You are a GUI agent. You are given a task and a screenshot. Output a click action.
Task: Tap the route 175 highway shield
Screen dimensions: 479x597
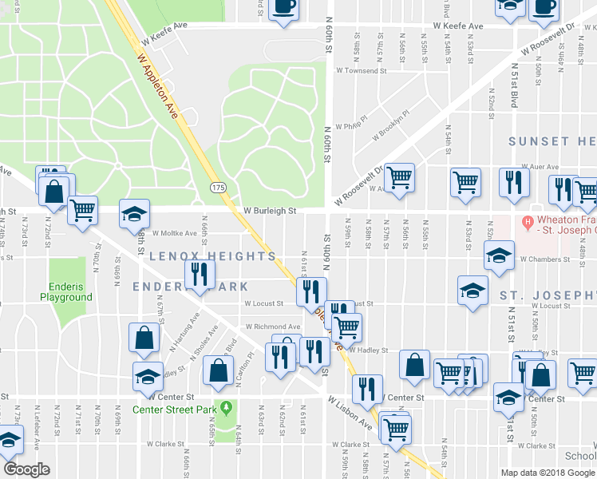click(217, 187)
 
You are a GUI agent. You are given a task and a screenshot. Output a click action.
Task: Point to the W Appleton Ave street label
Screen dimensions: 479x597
click(157, 87)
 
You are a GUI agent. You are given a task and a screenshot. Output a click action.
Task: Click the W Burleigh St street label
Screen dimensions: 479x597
click(270, 212)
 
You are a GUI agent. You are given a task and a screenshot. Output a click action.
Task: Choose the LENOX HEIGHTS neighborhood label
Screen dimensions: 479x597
click(212, 257)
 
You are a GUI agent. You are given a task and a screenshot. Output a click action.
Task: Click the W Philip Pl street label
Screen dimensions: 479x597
click(351, 126)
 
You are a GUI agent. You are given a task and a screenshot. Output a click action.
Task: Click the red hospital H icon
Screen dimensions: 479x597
click(527, 221)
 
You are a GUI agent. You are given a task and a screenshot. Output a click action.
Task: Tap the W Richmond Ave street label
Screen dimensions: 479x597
click(273, 327)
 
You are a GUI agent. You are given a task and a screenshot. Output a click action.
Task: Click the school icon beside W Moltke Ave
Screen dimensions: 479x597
click(135, 214)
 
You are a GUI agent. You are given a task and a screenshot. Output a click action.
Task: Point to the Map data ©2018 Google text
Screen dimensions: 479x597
click(547, 473)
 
